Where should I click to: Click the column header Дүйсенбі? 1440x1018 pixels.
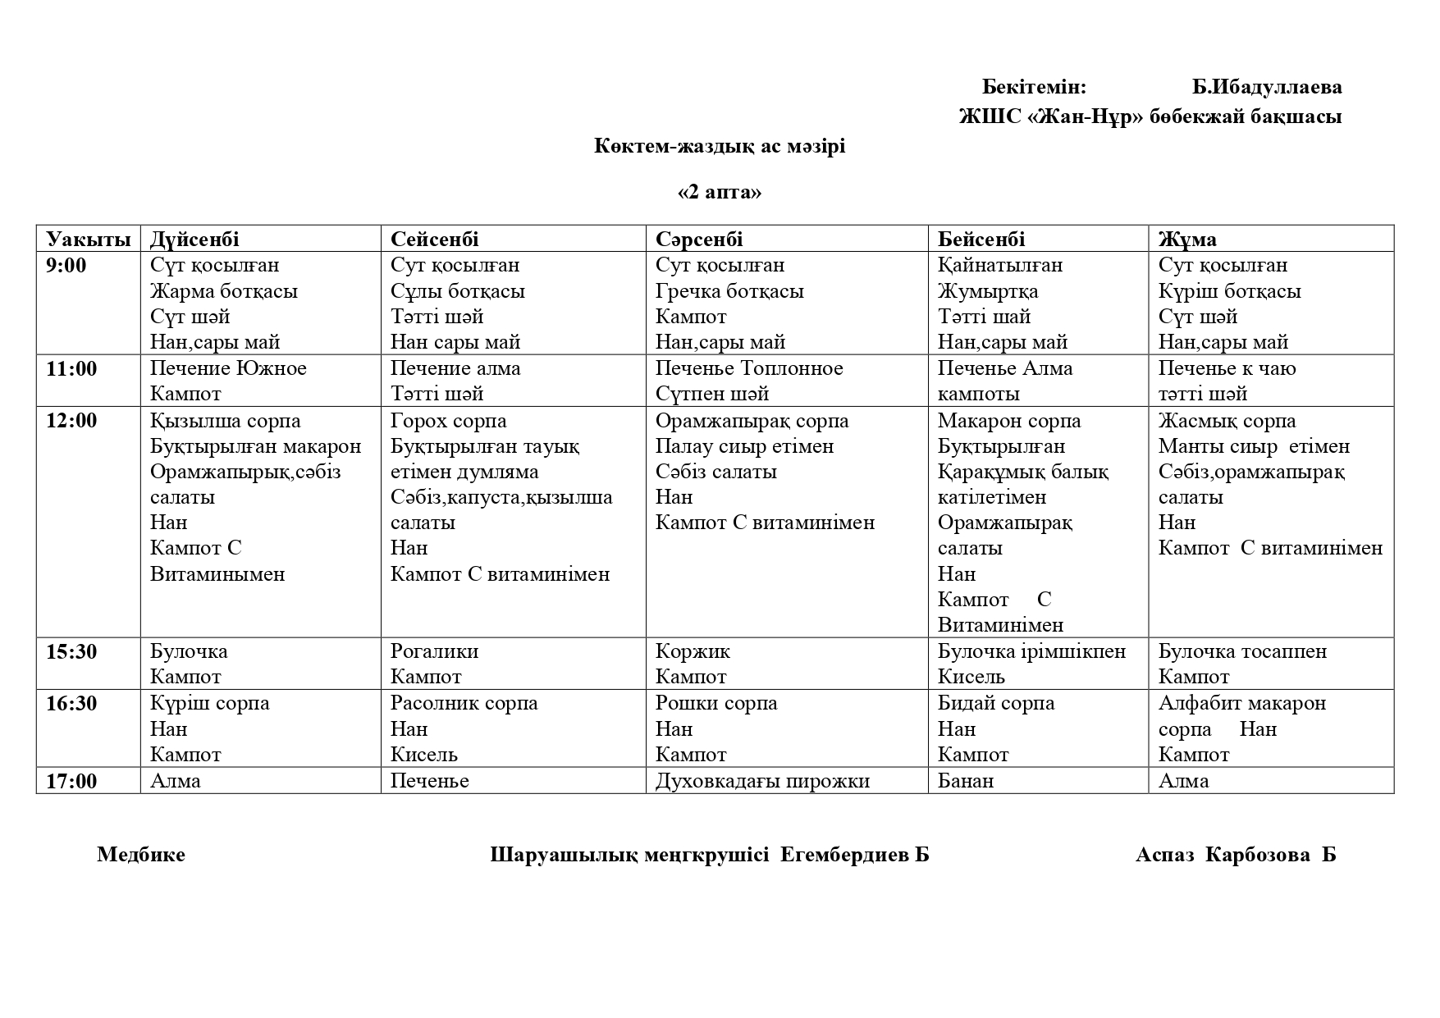coord(194,240)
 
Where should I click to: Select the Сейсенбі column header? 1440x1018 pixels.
coord(434,240)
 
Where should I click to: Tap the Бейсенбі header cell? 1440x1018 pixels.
coord(981,240)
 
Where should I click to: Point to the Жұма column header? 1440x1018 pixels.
coord(1187,240)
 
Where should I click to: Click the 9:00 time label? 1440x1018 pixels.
coord(66,265)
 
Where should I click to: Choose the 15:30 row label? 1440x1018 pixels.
coord(71,652)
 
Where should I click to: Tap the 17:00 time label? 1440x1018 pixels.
coord(71,781)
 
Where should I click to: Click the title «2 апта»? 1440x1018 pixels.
coord(720,192)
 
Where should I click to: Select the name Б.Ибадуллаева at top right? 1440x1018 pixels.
coord(1267,87)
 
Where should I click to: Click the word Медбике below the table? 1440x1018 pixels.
coord(141,855)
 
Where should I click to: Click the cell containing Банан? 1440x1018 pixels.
coord(966,781)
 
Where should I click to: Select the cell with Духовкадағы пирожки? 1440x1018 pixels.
coord(762,781)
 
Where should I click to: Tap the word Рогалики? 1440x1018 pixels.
coord(434,652)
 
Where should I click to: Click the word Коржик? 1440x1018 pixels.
coord(693,652)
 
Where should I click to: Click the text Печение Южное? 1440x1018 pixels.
coord(228,368)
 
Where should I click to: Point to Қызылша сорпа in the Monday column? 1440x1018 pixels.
coord(226,422)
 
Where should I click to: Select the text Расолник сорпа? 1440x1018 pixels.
coord(464,704)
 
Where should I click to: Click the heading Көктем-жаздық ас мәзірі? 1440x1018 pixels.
coord(720,147)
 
